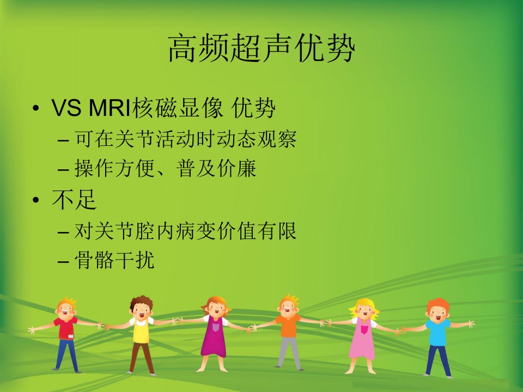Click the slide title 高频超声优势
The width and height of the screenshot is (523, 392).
(x=261, y=48)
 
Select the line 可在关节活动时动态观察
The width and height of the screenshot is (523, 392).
(x=185, y=139)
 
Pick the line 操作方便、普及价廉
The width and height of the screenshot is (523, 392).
(x=165, y=168)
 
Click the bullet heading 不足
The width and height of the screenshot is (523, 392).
(x=74, y=200)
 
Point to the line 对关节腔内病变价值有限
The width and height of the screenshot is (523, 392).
(x=185, y=231)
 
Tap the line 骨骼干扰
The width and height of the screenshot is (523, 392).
(x=114, y=260)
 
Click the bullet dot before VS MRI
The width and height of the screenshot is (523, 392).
(x=36, y=108)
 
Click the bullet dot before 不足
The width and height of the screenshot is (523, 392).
(x=36, y=200)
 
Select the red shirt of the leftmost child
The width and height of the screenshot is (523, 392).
(x=66, y=328)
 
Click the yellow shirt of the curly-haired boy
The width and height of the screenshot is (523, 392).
(x=141, y=330)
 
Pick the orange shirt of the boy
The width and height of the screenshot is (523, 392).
(x=288, y=326)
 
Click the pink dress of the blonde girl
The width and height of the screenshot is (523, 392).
(x=363, y=338)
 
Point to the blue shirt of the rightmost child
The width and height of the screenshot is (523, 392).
(x=437, y=332)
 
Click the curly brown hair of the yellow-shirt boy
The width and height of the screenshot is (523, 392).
(x=142, y=302)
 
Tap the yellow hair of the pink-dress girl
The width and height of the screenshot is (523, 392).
(x=364, y=306)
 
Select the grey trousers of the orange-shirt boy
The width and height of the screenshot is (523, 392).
(x=289, y=352)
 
